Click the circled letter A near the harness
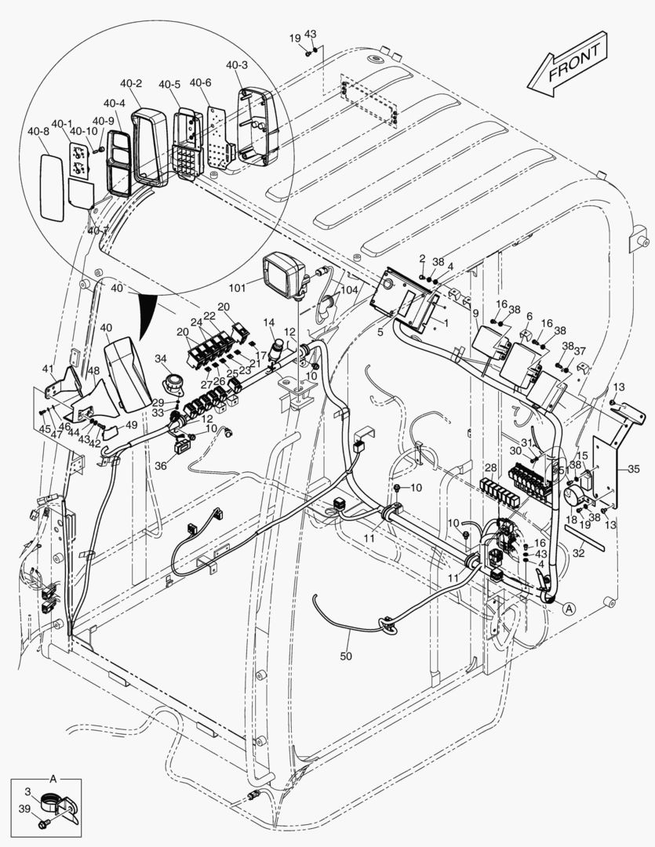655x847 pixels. [568, 606]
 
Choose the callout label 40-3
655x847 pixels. [237, 65]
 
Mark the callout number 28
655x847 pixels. [490, 467]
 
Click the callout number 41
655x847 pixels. [49, 369]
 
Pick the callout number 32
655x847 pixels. [578, 552]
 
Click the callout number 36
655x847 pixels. [161, 464]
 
